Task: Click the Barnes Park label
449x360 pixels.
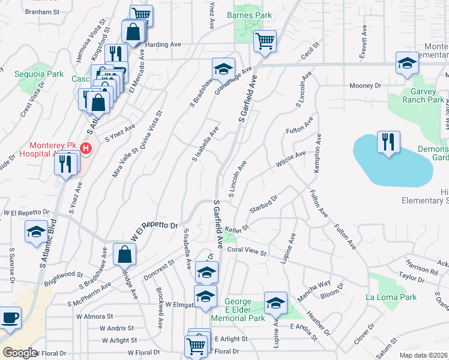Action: (x=249, y=15)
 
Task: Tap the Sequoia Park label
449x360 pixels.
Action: (x=39, y=74)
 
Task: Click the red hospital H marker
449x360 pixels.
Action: (x=86, y=148)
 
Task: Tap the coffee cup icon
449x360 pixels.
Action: (x=10, y=317)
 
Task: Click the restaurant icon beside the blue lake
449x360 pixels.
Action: (x=388, y=142)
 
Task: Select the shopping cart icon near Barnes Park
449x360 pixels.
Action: (x=265, y=41)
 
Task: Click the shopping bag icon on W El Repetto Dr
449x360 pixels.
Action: (x=124, y=254)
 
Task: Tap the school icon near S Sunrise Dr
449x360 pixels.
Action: (x=36, y=232)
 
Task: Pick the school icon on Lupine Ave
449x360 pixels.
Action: (x=276, y=303)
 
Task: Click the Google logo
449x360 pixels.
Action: (x=20, y=352)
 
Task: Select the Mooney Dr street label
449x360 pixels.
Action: (x=366, y=86)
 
